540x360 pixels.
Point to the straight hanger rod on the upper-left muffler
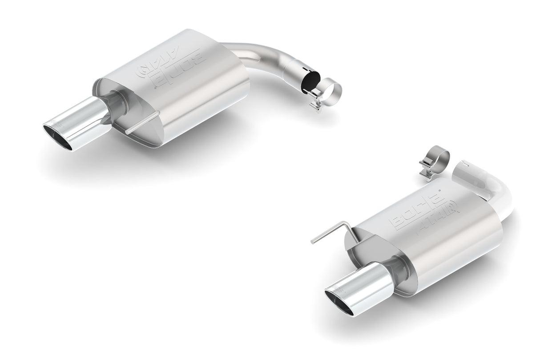[x=141, y=123]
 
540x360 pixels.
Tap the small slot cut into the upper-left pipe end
[x=305, y=69]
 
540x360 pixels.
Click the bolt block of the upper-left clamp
[x=317, y=105]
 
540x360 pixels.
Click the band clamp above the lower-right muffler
[x=438, y=161]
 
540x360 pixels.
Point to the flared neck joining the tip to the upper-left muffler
[x=117, y=102]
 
